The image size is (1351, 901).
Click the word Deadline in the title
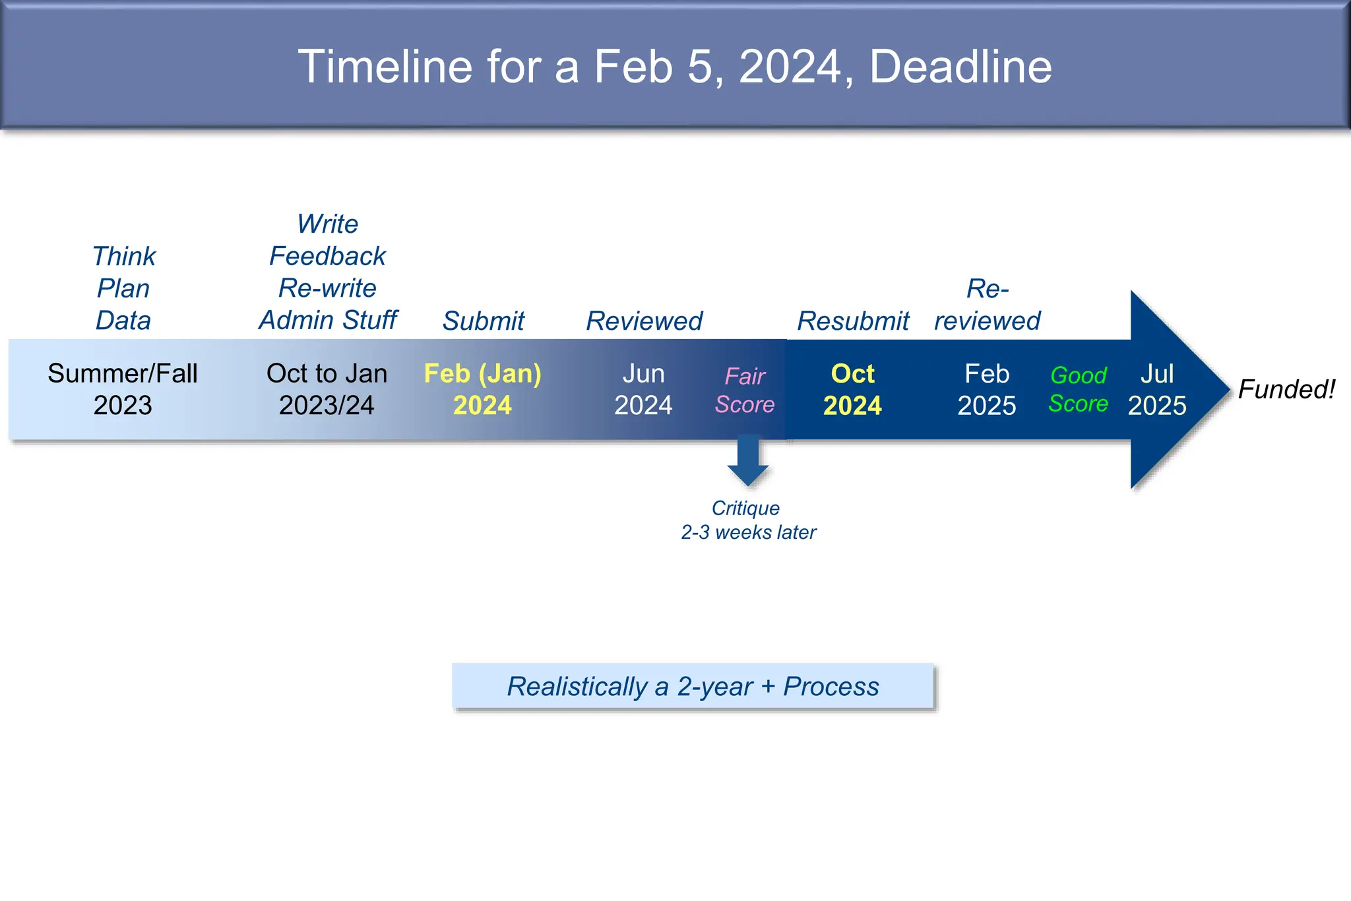pos(960,67)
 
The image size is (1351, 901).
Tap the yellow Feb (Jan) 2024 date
pos(482,389)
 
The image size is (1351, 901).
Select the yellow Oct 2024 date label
pos(852,389)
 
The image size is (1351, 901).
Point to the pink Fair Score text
pos(745,390)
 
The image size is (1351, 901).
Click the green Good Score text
pos(1078,389)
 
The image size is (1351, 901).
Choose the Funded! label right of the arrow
pos(1286,389)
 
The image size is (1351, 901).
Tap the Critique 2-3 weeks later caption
pos(748,520)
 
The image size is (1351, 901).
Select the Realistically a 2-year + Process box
pos(693,686)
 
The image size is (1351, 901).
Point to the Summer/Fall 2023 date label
pos(123,389)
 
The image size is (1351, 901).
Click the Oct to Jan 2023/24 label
pos(327,389)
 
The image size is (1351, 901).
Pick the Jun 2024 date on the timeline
pos(643,389)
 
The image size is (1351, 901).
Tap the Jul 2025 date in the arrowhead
pos(1157,389)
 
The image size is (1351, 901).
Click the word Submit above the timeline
pos(484,321)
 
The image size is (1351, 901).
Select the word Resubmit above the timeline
pos(853,321)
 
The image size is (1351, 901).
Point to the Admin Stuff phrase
pos(328,320)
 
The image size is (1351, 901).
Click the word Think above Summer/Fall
pos(123,256)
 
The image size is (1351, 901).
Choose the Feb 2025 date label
pos(987,389)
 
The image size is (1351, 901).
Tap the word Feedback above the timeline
pos(328,256)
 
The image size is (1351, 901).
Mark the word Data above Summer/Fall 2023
pos(123,321)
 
